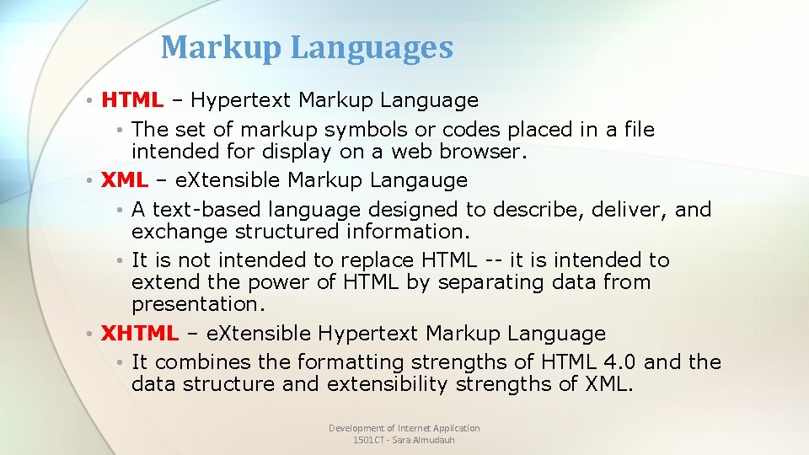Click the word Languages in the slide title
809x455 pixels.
372,49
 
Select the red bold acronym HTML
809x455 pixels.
132,100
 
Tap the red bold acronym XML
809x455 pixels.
124,180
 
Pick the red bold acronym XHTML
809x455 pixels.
140,334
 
